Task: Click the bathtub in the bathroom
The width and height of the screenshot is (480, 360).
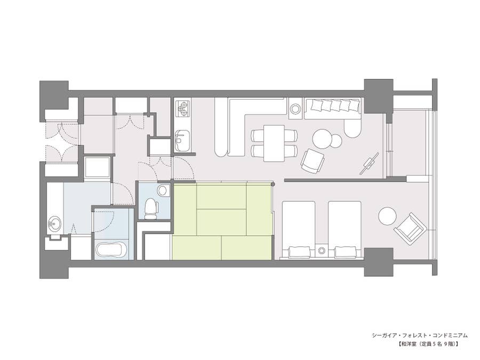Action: pyautogui.click(x=111, y=250)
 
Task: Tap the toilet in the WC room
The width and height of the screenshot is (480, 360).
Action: pyautogui.click(x=151, y=208)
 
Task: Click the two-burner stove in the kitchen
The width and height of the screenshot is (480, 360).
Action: pyautogui.click(x=183, y=108)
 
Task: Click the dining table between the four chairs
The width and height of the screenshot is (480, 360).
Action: pyautogui.click(x=274, y=143)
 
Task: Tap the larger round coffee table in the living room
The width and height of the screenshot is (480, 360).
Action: pyautogui.click(x=322, y=138)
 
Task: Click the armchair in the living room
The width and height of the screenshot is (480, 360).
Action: pyautogui.click(x=313, y=161)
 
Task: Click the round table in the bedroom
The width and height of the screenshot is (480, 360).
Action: pyautogui.click(x=387, y=216)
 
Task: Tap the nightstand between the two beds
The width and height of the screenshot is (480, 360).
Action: pyautogui.click(x=322, y=251)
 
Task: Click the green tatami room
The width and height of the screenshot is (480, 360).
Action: pyautogui.click(x=222, y=221)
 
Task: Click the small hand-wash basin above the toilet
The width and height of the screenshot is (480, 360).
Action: pyautogui.click(x=164, y=190)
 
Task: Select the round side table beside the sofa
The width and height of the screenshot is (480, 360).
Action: pyautogui.click(x=295, y=109)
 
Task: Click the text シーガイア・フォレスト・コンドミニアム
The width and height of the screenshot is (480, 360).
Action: pyautogui.click(x=420, y=335)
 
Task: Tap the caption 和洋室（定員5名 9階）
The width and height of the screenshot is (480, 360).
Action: pyautogui.click(x=428, y=344)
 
